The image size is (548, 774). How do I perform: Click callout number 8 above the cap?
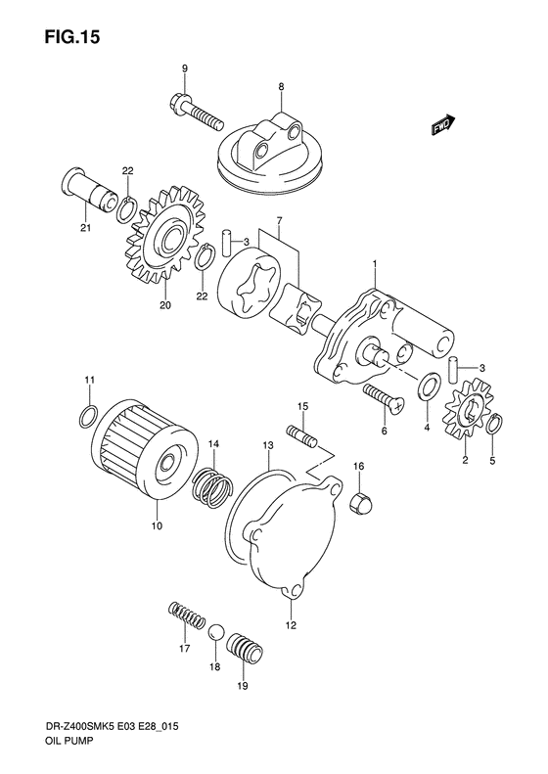point(282,87)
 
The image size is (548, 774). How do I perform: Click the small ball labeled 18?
point(217,634)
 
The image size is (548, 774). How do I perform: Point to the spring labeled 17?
point(186,617)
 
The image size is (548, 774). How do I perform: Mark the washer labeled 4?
point(427,390)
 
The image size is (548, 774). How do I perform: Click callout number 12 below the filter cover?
point(291,622)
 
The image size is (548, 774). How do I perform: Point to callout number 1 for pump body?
point(374,263)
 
